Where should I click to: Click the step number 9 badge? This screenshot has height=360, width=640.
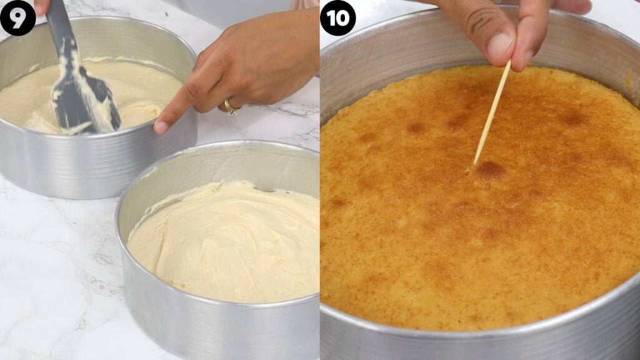tap(17, 17)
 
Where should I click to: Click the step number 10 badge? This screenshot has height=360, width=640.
tap(338, 17)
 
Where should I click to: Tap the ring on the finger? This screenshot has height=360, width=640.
tap(230, 107)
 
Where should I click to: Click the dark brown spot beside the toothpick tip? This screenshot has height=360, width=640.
tap(491, 170)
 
